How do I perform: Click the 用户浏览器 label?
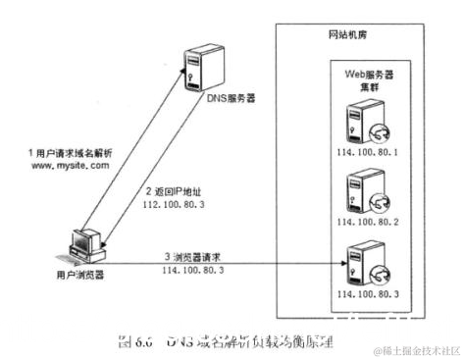click(83, 276)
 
